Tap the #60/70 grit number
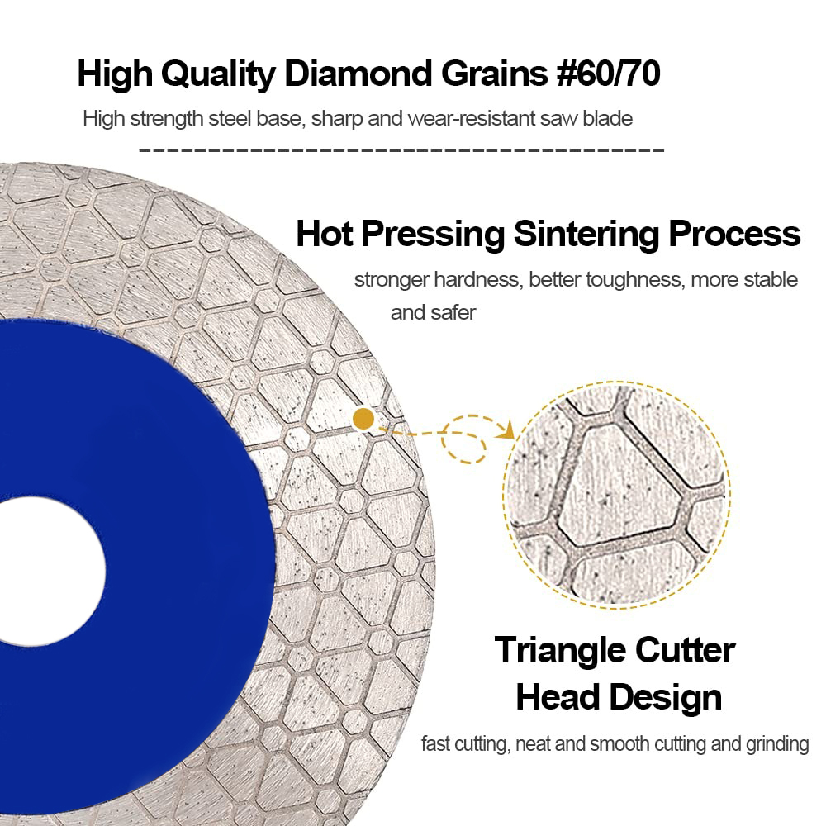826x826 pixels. [x=608, y=74]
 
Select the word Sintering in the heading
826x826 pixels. [x=586, y=234]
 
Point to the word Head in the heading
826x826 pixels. [x=558, y=697]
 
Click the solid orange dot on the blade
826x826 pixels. [x=363, y=420]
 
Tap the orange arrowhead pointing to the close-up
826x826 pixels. [x=507, y=430]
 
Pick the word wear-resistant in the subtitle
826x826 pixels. [x=471, y=118]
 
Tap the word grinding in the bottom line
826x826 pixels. [x=777, y=744]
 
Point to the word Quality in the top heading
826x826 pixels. [x=218, y=74]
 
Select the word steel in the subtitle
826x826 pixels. [x=230, y=118]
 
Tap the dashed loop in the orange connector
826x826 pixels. [x=463, y=439]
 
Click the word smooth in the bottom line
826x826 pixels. [x=620, y=744]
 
